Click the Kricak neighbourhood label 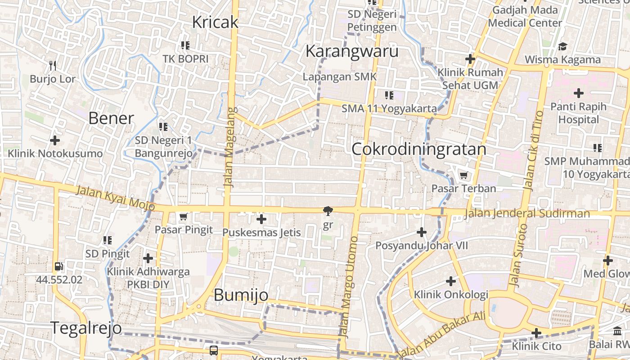coord(215,22)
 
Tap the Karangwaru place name coord(352,51)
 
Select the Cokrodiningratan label coord(418,149)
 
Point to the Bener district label coord(111,118)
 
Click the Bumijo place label coord(241,295)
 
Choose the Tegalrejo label coord(85,328)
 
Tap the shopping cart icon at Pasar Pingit coord(183,217)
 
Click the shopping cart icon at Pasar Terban coord(463,175)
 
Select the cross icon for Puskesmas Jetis coord(261,220)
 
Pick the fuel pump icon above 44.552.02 coord(58,266)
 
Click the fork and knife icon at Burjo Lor coord(53,66)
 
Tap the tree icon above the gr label coord(328,211)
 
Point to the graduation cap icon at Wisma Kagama coord(562,46)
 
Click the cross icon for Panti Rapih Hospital coord(579,94)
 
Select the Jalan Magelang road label coord(230,147)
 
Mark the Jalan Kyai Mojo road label coord(116,198)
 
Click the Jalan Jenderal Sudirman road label coord(526,213)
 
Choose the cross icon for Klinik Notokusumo coord(55,140)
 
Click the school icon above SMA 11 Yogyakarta coord(389,95)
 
